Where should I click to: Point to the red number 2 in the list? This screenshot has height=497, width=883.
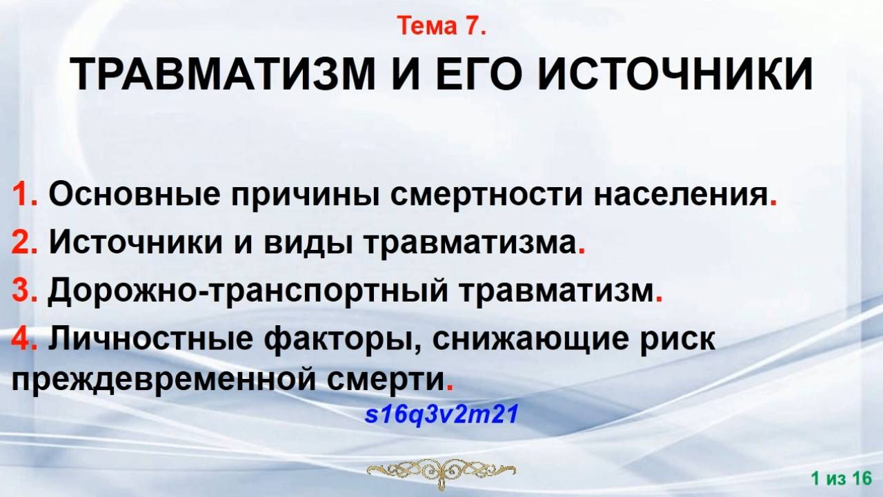[19, 243]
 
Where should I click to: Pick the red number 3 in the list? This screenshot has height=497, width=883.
[19, 291]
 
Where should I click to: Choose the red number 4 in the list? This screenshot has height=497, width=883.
[19, 340]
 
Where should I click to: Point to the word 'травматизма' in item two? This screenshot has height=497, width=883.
[468, 243]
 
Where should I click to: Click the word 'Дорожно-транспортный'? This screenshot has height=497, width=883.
[252, 291]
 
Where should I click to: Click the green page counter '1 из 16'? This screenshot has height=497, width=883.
[842, 478]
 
